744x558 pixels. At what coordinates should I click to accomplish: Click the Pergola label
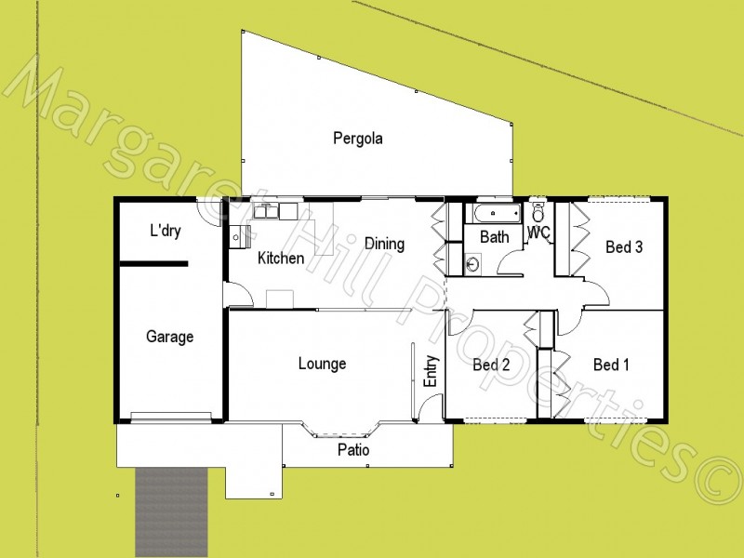358,139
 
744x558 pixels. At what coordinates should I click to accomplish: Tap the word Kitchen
280,259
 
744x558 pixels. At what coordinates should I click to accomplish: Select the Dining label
384,245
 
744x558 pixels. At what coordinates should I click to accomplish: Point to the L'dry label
165,231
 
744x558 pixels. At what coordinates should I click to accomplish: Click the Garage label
169,337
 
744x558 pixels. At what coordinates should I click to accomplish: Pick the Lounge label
322,364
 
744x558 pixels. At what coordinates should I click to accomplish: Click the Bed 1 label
611,365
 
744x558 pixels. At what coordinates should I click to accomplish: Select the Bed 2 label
491,365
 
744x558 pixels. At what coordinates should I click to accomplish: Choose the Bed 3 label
624,247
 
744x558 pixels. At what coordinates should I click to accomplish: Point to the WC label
538,232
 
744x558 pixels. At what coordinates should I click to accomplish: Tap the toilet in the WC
538,212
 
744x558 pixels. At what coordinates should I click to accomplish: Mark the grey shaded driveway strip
172,511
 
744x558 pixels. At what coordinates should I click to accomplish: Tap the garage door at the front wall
168,418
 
